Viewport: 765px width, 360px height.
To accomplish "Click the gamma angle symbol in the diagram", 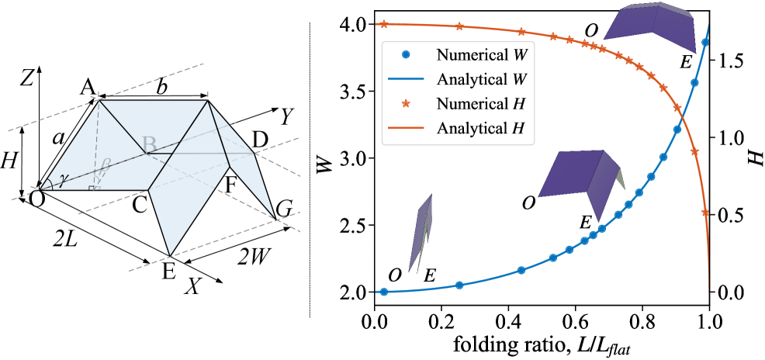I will [x=63, y=178].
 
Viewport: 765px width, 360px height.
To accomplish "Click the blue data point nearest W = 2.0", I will [x=384, y=292].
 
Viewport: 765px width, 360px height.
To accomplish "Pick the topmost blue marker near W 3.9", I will [x=705, y=43].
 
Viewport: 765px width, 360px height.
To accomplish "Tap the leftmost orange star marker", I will [x=384, y=23].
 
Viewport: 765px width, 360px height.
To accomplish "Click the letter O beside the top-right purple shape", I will [x=591, y=30].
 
